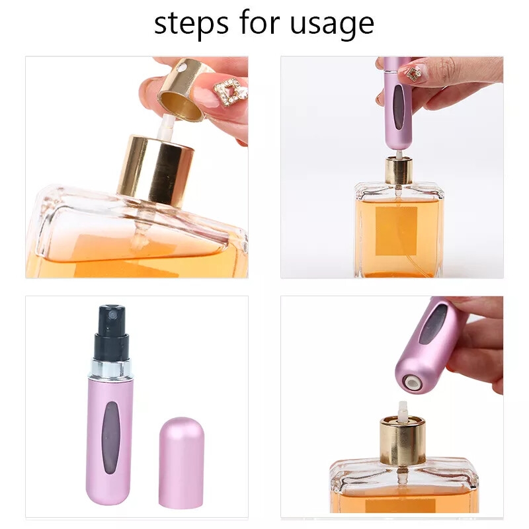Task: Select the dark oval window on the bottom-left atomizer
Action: (110, 433)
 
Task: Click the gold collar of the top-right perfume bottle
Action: (399, 171)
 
